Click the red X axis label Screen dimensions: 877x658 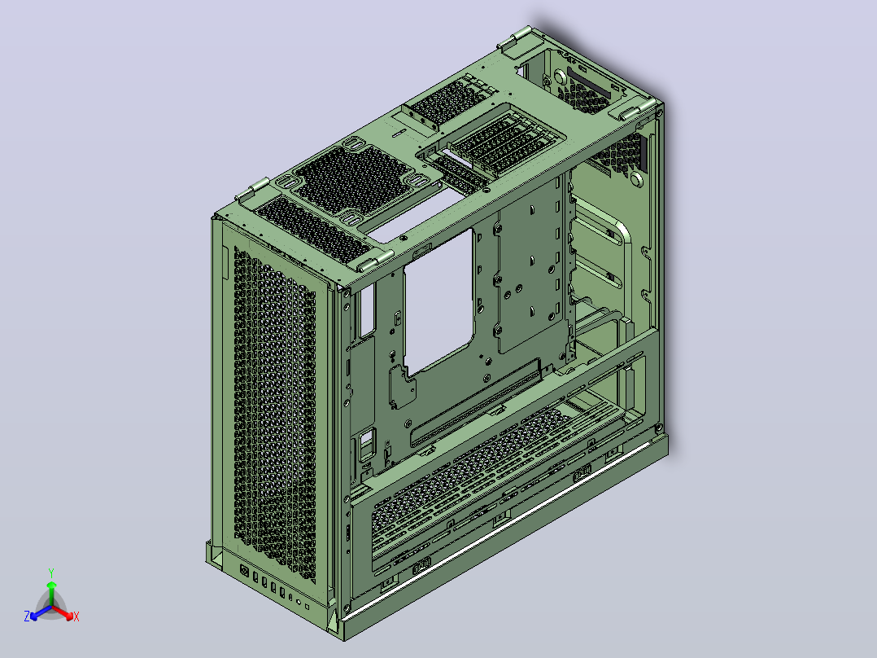[x=76, y=616]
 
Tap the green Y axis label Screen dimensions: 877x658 [x=51, y=572]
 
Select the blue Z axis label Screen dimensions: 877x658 [x=26, y=616]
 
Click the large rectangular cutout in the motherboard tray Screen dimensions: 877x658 [x=439, y=302]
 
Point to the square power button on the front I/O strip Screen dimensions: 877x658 [x=244, y=571]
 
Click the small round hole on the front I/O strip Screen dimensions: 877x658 [x=299, y=603]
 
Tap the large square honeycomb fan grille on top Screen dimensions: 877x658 [x=353, y=179]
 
